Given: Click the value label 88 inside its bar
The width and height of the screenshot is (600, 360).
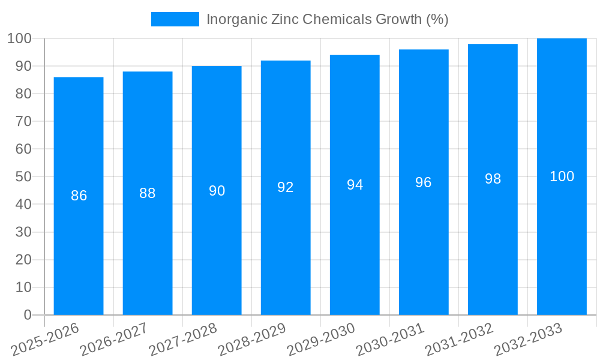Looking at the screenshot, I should [148, 193].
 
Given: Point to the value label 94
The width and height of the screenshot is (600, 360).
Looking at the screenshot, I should [355, 185].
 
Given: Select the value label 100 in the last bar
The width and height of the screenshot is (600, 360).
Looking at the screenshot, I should [562, 176].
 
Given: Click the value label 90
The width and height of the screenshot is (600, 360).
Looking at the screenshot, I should [217, 191].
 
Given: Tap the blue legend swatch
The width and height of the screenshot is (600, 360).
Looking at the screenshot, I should [175, 19].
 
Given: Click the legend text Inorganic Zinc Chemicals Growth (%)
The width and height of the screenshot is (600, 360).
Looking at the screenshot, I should [327, 19].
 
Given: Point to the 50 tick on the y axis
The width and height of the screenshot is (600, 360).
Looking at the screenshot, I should [23, 177].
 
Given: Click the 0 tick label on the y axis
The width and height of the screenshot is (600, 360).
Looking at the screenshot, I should [27, 315].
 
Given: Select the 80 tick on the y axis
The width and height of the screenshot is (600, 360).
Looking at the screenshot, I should [23, 94].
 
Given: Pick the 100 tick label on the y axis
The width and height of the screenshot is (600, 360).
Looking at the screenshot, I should [19, 39].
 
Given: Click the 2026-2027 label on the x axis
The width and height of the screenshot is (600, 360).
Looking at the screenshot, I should [113, 340].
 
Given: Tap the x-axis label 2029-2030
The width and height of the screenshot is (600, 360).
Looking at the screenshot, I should [321, 340].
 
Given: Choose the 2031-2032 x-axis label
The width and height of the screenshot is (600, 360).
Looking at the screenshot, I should [459, 340].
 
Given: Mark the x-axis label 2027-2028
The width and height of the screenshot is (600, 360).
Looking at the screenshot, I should [182, 340].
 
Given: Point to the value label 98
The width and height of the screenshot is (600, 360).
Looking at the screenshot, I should [493, 179].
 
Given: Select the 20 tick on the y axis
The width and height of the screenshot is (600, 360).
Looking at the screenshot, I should [23, 260].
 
